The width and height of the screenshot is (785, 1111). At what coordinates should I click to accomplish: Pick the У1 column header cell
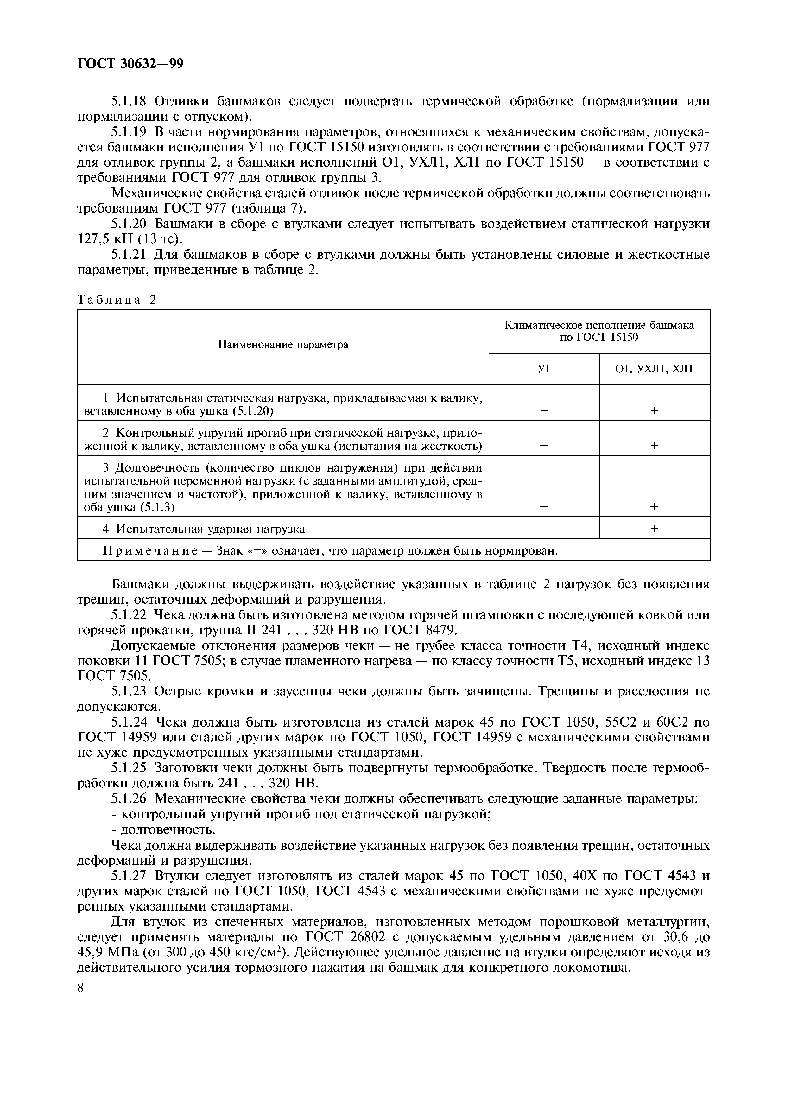click(544, 369)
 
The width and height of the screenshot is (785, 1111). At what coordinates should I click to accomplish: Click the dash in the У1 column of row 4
click(544, 529)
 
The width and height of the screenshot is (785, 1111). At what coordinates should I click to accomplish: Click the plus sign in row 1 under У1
click(544, 410)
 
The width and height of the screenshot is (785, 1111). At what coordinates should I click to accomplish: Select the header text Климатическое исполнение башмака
click(599, 325)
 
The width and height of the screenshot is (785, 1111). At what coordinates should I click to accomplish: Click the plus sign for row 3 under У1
click(544, 507)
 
